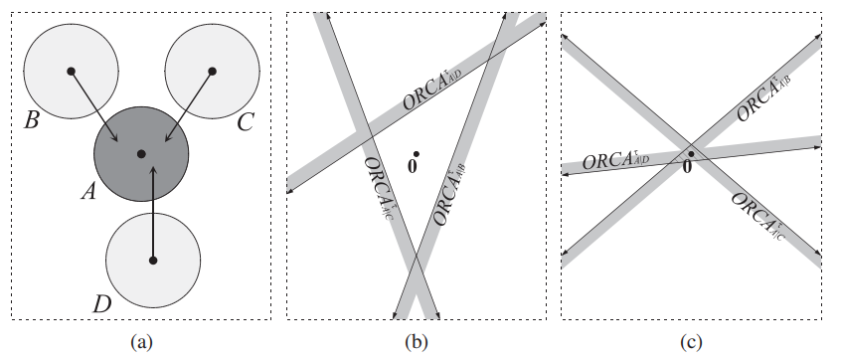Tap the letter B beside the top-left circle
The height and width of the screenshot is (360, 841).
tap(33, 122)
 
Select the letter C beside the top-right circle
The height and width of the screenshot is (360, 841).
tap(247, 123)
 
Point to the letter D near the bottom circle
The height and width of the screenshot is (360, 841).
tap(101, 303)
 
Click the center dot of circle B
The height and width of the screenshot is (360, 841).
tap(71, 71)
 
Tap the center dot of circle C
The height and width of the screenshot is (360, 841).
tap(212, 71)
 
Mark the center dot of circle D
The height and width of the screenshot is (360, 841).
tap(152, 261)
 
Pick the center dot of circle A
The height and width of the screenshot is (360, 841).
tap(141, 153)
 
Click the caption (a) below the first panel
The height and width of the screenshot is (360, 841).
tap(139, 342)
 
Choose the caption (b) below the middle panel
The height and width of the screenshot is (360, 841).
tap(416, 342)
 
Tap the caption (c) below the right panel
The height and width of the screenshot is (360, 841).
tap(691, 342)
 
